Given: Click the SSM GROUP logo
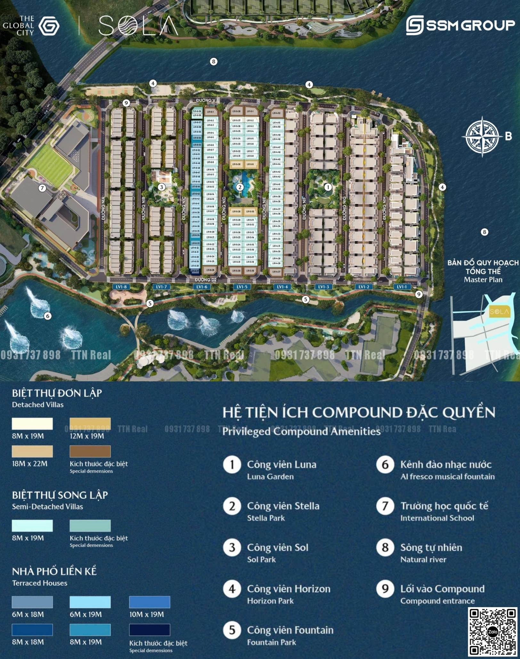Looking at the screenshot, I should point(460,25).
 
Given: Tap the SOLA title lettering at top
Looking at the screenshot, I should point(138,26).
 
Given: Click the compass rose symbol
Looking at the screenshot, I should point(482,137).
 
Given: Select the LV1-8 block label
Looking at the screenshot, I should point(121,287).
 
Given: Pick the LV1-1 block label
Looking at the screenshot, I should point(402,287).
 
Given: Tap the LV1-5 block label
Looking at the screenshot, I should point(242,287).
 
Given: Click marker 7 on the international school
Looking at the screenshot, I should point(42,188).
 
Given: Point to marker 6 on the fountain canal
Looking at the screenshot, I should point(48,316).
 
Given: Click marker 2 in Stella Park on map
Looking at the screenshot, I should point(240,187).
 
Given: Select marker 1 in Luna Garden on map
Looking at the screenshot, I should point(328,187).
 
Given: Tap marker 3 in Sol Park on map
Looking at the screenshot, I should point(161,187).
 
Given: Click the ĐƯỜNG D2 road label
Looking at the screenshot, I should point(206,280).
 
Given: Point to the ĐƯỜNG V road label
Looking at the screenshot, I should point(206,100).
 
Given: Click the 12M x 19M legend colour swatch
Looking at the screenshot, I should point(90,424).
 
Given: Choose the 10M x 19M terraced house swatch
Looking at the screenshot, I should point(150,602).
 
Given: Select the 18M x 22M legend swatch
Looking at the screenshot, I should point(32,451).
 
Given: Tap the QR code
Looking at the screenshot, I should point(492,632).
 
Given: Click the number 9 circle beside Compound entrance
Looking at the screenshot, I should point(385,589).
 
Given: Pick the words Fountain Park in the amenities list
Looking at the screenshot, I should point(272,642).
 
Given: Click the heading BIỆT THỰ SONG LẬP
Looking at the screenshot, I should point(60,495).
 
